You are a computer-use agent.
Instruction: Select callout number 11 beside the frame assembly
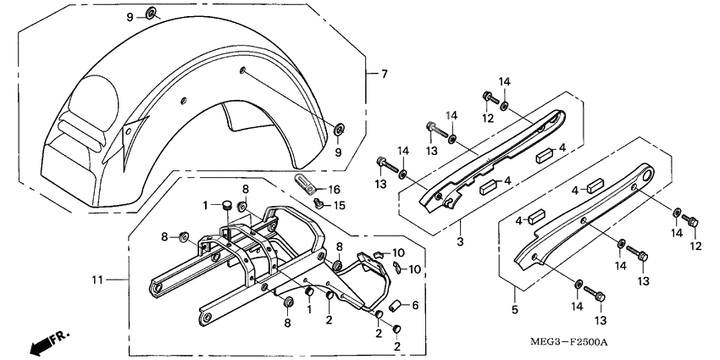coord(97,279)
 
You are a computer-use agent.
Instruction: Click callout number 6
coord(415,305)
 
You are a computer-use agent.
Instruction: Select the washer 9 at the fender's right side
coord(339,129)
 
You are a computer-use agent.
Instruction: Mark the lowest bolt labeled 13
coord(601,296)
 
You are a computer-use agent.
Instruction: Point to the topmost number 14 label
coord(504,81)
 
